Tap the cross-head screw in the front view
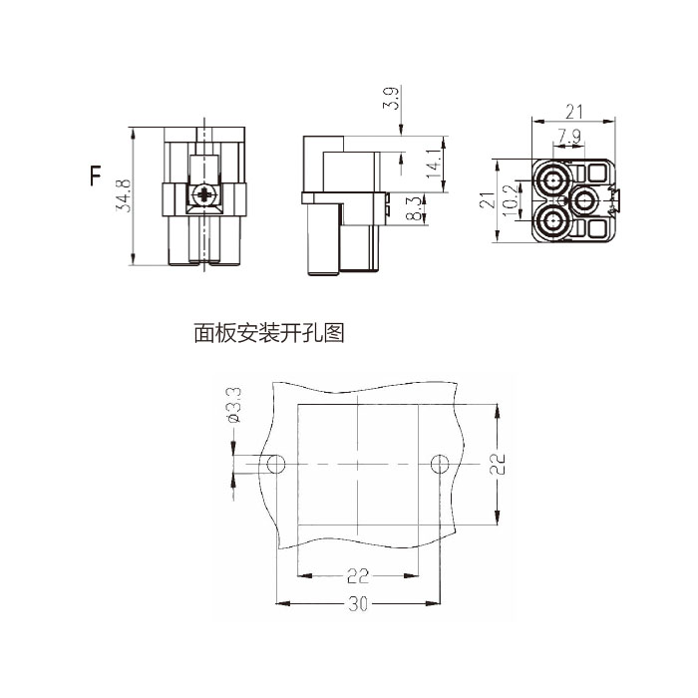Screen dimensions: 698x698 (206, 195)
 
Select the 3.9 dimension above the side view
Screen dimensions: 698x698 (391, 100)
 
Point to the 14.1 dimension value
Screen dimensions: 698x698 (432, 164)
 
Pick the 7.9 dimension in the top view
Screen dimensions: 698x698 (570, 136)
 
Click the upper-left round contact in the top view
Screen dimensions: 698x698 (552, 182)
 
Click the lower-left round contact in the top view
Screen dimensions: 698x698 (552, 219)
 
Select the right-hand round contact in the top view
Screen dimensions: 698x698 (585, 200)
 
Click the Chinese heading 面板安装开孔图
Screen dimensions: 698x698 (269, 333)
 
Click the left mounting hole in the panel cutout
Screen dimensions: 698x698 (277, 465)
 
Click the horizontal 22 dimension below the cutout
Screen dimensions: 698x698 (358, 575)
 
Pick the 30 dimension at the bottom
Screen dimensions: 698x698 (358, 604)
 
